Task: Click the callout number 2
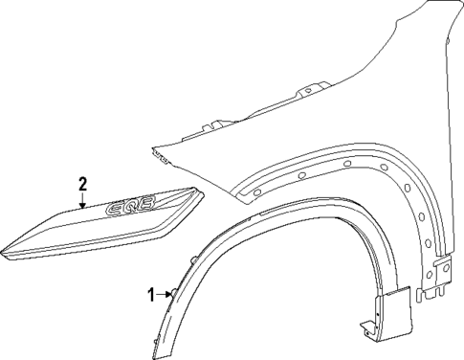(83, 184)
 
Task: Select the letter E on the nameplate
(119, 206)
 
